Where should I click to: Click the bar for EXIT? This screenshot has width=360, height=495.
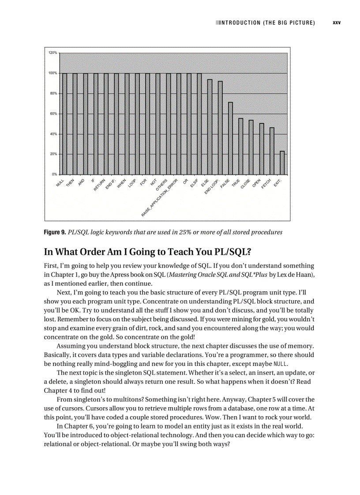[x=282, y=163]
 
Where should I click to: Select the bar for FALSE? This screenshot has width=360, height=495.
[x=230, y=138]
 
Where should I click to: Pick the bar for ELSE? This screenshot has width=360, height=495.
[x=210, y=127]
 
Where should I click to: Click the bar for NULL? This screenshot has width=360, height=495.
[x=64, y=124]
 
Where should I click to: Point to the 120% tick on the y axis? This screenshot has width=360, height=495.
[x=52, y=53]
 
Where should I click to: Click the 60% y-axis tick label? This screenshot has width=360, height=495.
[x=53, y=114]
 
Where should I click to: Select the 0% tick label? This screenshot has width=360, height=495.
[x=54, y=175]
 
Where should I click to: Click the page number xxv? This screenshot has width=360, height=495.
[x=337, y=22]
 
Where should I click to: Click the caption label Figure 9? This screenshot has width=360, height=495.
[x=55, y=232]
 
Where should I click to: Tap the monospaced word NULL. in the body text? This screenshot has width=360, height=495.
[x=281, y=364]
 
